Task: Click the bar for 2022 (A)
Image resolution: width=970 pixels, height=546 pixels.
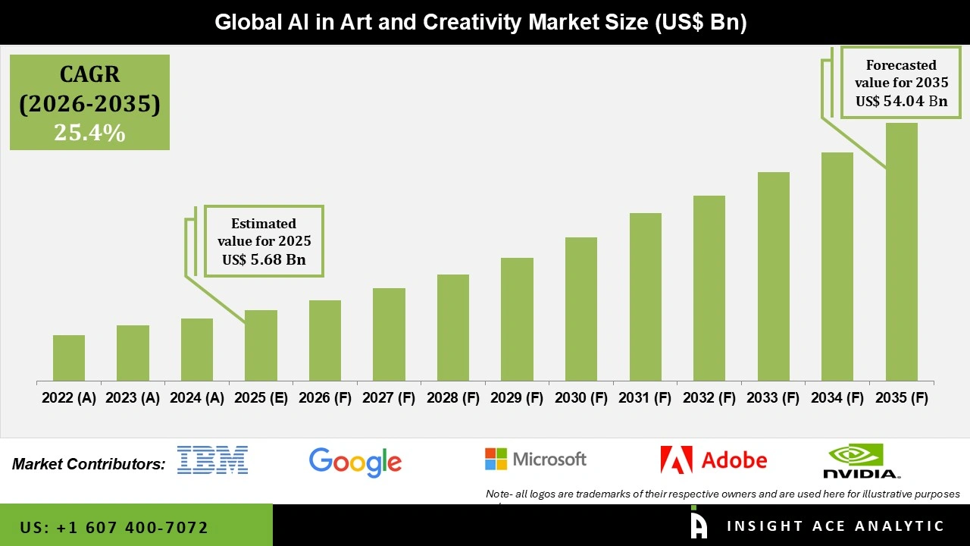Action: [69, 358]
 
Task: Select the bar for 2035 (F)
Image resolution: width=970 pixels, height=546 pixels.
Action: [901, 252]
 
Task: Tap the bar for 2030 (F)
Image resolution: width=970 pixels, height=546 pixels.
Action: [581, 309]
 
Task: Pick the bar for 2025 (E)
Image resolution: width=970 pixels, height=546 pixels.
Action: [261, 345]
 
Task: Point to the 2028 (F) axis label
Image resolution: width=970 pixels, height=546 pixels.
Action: [453, 398]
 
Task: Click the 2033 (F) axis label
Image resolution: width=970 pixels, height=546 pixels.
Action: [773, 398]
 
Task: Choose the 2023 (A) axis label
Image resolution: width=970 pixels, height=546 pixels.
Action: [133, 398]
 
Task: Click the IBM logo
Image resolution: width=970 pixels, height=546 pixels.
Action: [212, 460]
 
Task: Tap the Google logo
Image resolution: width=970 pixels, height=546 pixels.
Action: [355, 461]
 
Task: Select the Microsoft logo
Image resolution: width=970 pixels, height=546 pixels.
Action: [536, 459]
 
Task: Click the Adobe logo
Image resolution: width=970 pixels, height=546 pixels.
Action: [713, 460]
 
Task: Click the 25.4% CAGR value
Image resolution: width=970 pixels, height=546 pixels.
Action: [89, 133]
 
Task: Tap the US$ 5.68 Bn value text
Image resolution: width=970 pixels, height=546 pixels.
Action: [264, 259]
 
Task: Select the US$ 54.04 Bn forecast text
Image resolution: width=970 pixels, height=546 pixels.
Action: [901, 101]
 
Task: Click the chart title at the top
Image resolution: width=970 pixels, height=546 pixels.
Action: [480, 22]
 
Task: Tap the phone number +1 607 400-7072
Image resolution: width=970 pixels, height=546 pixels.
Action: [114, 527]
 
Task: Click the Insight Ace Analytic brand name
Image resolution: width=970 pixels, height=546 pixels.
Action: [835, 526]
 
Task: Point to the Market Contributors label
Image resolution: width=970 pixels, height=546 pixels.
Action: [89, 464]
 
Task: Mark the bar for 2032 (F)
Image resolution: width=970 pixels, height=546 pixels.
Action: [709, 288]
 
